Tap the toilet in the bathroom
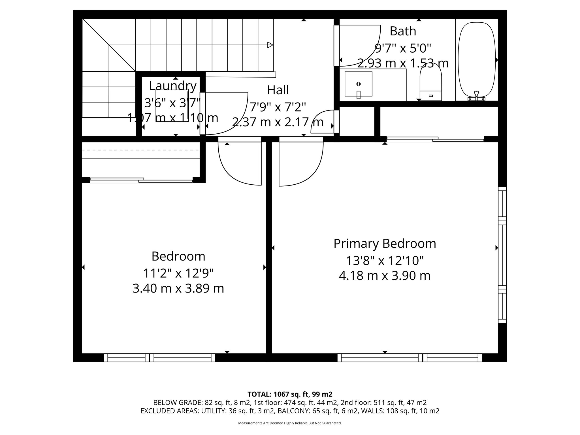430,85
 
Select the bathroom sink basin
358,84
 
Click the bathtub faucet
476,96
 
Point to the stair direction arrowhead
270,45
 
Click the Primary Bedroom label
385,244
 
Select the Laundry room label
173,86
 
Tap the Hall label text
278,90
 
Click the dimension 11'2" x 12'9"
178,273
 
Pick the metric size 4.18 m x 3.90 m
385,276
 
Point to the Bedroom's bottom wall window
159,358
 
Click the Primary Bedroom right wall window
502,255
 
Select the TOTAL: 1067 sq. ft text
290,394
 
